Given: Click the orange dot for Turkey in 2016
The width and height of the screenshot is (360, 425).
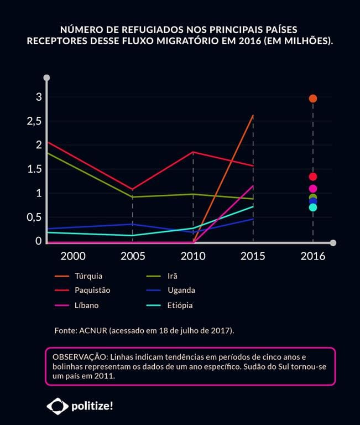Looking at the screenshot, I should pos(313,99).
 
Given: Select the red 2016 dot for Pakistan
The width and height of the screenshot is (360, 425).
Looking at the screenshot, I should pos(313,177).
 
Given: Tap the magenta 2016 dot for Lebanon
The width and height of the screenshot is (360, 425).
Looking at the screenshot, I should pos(313,189).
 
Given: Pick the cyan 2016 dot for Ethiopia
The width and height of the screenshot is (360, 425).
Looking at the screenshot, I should pos(313,208).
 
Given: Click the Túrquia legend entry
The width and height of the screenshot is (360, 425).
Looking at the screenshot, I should pos(88,276).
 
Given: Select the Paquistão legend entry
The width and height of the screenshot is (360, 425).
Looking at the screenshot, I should pos(92,290).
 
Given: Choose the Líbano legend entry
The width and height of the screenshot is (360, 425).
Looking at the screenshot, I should pos(87,305).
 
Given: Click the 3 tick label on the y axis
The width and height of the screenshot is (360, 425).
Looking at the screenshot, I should pos(39,97).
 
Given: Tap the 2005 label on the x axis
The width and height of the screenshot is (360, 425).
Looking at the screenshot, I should pos(133,256).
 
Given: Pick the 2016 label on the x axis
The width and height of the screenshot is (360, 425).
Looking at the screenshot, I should pos(313,256).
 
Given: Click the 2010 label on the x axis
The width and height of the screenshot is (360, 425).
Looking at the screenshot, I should pos(193,256).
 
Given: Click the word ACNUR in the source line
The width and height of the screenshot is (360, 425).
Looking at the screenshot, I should pos(93,330).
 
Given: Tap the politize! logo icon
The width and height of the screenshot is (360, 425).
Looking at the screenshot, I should pos(57,406).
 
